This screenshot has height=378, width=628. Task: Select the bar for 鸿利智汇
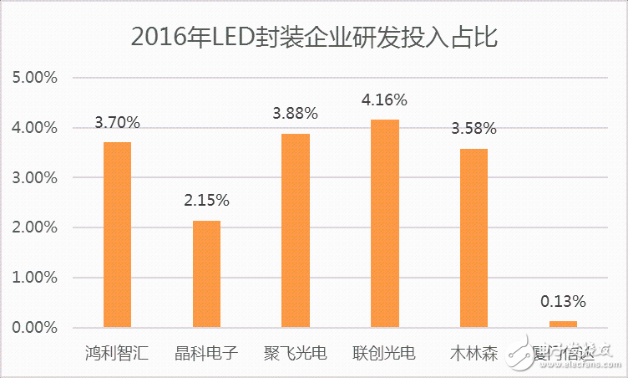coord(117,234)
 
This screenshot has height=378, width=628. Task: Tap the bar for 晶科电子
coord(206,273)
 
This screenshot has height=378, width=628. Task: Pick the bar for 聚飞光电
coord(296,230)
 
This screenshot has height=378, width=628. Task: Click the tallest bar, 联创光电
coord(385,223)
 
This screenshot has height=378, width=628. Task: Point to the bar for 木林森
coord(474,238)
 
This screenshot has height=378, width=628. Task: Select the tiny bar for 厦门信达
coord(563,324)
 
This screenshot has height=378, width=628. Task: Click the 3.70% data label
coord(117,123)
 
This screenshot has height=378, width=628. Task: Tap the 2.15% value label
coord(206,201)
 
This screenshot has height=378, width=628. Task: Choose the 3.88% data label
coord(296,114)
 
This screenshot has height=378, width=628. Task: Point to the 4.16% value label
coord(384,100)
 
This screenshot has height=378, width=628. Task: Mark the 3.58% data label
coord(474,129)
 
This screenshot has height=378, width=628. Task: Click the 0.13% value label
coord(563,301)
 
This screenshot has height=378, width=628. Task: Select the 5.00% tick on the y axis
coord(35,78)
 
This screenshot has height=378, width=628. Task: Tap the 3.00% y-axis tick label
coord(35,177)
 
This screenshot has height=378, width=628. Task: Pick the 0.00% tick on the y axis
coord(35,327)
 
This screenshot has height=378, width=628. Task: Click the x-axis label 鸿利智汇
coord(117,352)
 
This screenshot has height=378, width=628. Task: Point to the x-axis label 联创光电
coord(385,352)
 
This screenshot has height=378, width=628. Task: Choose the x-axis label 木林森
coord(474,352)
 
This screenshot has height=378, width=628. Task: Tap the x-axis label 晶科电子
coord(206,352)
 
